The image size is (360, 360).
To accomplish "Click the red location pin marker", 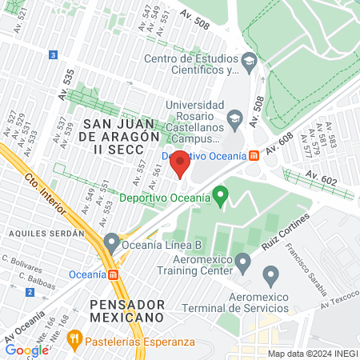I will [179, 163].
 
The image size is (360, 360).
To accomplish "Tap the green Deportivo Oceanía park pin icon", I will [222, 194].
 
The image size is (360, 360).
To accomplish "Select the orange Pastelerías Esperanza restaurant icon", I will [74, 338].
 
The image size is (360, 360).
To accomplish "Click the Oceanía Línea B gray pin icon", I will [111, 241].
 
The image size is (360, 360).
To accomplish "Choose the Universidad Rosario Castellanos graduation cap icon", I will [234, 119].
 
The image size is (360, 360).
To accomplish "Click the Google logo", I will [26, 350].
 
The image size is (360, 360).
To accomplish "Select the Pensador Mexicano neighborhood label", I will [127, 311].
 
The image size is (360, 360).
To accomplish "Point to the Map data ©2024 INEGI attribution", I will [310, 354].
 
